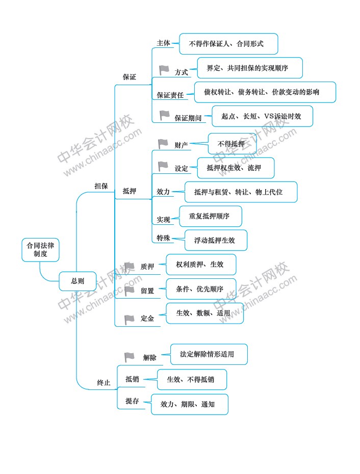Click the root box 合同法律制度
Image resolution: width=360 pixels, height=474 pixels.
(40, 250)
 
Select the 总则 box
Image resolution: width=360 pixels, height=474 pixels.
(78, 281)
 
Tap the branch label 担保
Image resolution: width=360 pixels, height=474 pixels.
(101, 186)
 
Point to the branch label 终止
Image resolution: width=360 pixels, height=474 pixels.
(104, 383)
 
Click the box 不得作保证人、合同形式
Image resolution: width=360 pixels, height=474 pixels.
(228, 44)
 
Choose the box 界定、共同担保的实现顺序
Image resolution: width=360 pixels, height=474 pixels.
(249, 68)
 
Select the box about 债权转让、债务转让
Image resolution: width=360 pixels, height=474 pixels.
(265, 92)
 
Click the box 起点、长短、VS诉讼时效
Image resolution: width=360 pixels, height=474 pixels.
(262, 116)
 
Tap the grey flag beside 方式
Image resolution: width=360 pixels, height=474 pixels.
(164, 70)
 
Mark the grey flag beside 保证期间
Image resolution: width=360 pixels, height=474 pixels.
(165, 115)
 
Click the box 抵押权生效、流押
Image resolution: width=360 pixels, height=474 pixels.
(236, 168)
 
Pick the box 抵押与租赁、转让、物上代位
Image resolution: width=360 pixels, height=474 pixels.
(241, 192)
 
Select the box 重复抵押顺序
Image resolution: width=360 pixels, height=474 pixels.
(211, 216)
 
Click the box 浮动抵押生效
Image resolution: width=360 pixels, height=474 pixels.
(216, 241)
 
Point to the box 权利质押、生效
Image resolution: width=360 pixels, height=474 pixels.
(201, 265)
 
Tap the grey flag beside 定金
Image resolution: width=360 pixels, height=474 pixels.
(130, 320)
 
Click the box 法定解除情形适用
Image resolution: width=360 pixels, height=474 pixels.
(209, 354)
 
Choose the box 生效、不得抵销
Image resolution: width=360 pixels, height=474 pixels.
(192, 379)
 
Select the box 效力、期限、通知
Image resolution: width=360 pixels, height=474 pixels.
(189, 405)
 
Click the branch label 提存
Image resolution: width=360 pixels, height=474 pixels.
(132, 401)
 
